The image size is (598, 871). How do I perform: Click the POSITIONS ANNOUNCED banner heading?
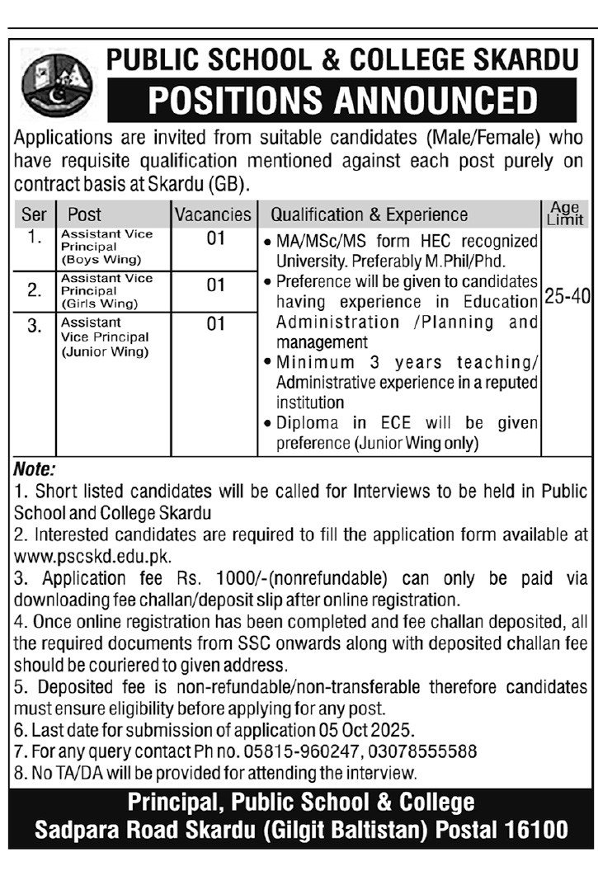click(x=341, y=100)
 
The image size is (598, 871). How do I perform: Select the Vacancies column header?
click(x=212, y=214)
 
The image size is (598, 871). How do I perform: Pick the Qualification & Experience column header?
click(x=369, y=214)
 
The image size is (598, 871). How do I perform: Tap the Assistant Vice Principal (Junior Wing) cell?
click(x=105, y=337)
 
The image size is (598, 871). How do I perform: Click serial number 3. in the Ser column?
click(x=34, y=326)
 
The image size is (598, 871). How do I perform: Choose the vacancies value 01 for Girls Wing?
click(x=215, y=285)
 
